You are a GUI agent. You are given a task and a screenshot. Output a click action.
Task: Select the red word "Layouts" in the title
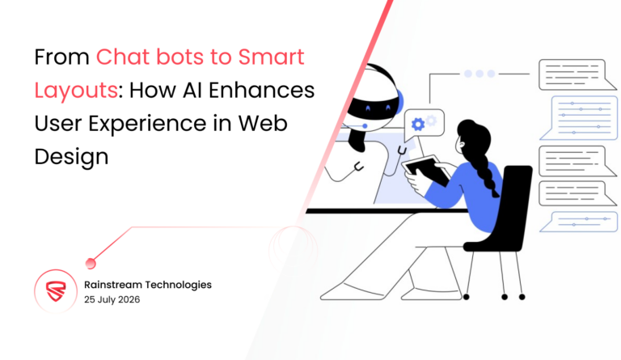(62, 91)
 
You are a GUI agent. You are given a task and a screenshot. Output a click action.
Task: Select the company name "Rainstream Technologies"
(148, 284)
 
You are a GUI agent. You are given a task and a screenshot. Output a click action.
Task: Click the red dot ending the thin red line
(91, 261)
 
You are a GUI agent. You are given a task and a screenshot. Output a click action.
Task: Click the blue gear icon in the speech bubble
(418, 124)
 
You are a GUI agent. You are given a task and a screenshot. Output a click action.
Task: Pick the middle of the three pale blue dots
(479, 74)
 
